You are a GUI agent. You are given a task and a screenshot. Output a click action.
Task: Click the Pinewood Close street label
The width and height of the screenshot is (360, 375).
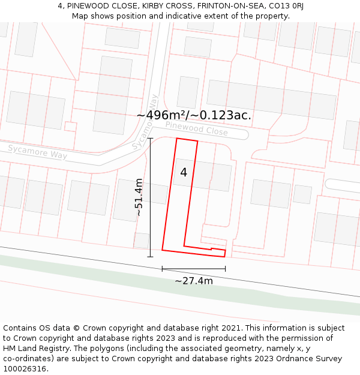click(x=196, y=128)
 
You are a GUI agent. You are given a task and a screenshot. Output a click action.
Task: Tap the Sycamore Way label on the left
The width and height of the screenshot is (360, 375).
click(x=37, y=151)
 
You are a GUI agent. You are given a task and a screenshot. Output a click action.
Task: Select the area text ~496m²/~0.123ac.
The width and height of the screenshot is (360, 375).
click(x=194, y=115)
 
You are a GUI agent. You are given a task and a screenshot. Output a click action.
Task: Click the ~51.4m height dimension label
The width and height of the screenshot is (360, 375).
click(x=139, y=197)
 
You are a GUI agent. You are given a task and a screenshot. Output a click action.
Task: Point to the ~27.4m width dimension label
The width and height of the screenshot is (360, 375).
click(x=194, y=280)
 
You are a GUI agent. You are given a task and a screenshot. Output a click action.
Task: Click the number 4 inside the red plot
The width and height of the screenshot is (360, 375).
click(x=184, y=173)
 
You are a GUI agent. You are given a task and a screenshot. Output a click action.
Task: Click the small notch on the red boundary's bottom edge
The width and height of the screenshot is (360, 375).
click(x=211, y=248)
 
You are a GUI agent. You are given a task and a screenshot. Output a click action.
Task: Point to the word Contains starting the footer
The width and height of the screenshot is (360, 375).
click(x=20, y=328)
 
